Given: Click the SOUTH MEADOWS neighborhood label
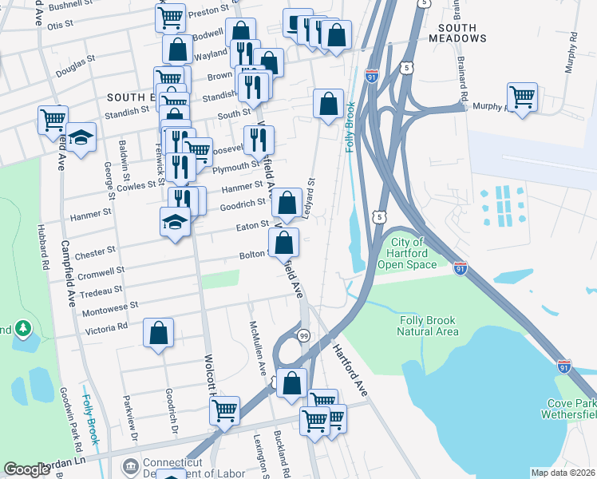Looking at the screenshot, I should click(x=452, y=33).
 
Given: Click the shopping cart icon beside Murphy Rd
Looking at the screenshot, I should click(x=522, y=97).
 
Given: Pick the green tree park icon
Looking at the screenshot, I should click(x=23, y=328).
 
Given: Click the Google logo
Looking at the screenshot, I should click(x=26, y=469).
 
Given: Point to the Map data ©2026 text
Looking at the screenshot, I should click(x=563, y=472).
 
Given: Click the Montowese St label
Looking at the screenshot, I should click(x=111, y=305).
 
